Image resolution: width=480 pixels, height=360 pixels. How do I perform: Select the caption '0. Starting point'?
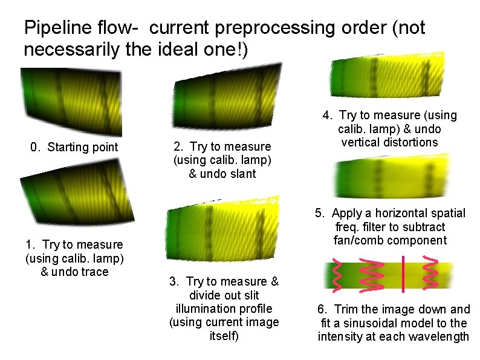(74, 147)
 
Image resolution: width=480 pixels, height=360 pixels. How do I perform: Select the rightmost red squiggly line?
(431, 274)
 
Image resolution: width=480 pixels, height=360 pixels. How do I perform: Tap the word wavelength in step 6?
(439, 336)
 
